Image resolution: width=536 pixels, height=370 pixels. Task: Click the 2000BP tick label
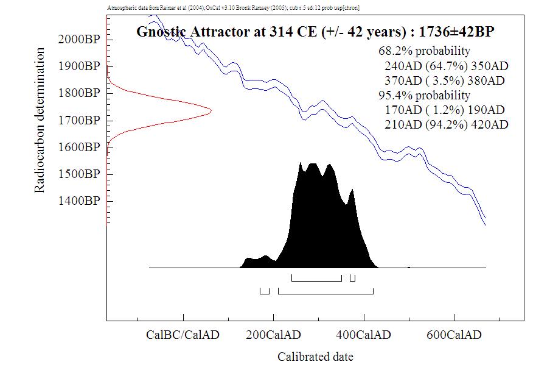pyautogui.click(x=78, y=40)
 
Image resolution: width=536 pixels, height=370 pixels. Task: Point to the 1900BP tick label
pyautogui.click(x=78, y=66)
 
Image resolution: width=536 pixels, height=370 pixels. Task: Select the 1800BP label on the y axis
pyautogui.click(x=78, y=93)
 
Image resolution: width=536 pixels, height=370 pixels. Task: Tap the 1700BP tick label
pyautogui.click(x=78, y=120)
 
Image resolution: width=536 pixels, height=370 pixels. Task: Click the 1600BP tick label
pyautogui.click(x=78, y=147)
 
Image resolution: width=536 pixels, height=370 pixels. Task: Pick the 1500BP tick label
pyautogui.click(x=78, y=174)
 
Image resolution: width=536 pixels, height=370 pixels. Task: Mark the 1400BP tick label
pyautogui.click(x=78, y=201)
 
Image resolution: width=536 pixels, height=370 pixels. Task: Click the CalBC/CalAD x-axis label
pyautogui.click(x=183, y=335)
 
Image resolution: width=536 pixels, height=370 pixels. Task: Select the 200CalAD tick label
pyautogui.click(x=273, y=335)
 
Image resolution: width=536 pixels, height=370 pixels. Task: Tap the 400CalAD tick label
pyautogui.click(x=364, y=335)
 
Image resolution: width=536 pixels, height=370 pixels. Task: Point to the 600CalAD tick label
pyautogui.click(x=454, y=335)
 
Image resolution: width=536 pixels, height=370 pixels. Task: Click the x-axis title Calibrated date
pyautogui.click(x=315, y=357)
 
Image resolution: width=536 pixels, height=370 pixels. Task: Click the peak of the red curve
pyautogui.click(x=210, y=110)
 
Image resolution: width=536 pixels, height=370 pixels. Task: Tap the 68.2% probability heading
pyautogui.click(x=424, y=51)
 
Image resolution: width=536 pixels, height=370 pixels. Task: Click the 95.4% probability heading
pyautogui.click(x=424, y=95)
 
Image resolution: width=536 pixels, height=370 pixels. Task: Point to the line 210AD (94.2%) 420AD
pyautogui.click(x=447, y=125)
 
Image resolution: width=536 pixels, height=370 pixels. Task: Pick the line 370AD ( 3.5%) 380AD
pyautogui.click(x=445, y=80)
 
